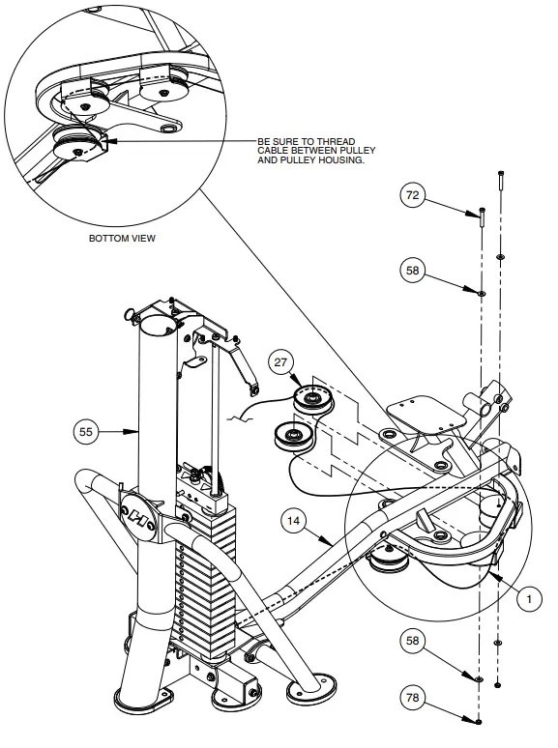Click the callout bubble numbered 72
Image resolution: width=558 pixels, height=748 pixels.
(x=413, y=196)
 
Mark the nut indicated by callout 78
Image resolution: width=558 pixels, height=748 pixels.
(x=480, y=721)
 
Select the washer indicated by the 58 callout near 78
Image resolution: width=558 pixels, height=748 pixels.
(x=480, y=679)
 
